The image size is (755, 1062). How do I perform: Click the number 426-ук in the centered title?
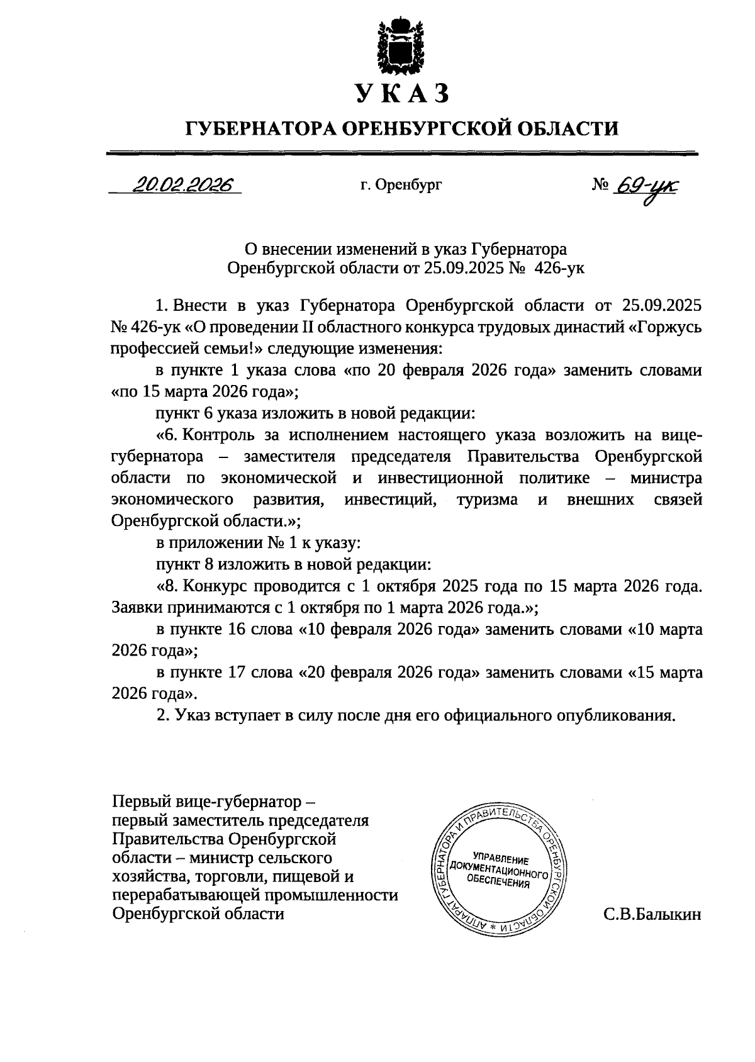point(560,269)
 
